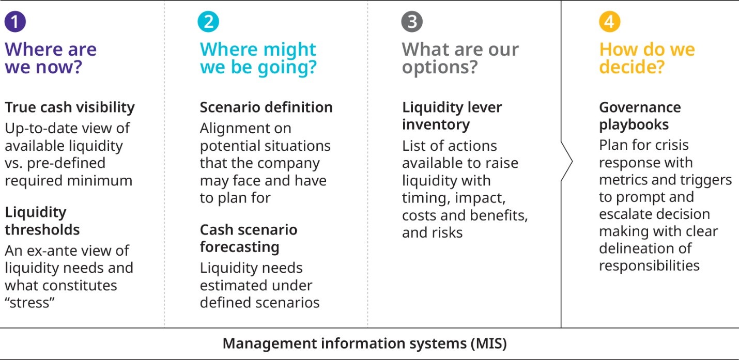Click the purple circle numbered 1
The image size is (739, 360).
click(x=15, y=22)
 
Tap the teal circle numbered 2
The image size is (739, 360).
click(x=208, y=22)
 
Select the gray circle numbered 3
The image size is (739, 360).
click(x=412, y=22)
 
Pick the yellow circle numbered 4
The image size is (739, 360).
click(x=610, y=22)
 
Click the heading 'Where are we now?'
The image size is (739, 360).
click(x=51, y=58)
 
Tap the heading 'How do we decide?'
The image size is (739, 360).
click(x=647, y=58)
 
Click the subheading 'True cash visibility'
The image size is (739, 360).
click(x=70, y=108)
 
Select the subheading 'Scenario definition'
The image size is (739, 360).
click(x=266, y=107)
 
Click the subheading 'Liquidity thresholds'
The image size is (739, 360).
click(x=42, y=221)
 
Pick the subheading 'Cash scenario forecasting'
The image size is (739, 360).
click(x=249, y=238)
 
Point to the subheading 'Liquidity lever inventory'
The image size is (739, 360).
click(x=452, y=116)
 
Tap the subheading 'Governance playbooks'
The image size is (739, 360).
click(x=640, y=116)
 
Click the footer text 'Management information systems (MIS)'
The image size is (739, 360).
click(x=364, y=343)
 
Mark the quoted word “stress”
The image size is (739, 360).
click(x=29, y=303)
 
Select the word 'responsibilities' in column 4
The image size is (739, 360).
click(x=649, y=265)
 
